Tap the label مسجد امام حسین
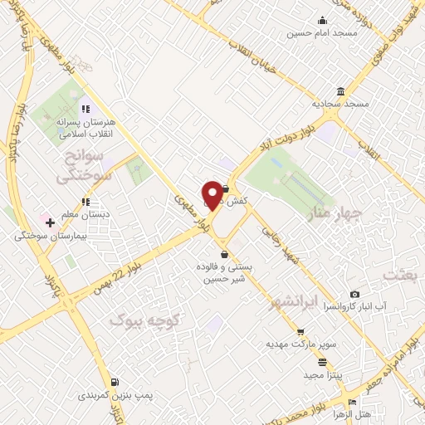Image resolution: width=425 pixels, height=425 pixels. click(x=310, y=33)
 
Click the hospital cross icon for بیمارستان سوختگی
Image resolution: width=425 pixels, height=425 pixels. click(x=50, y=222)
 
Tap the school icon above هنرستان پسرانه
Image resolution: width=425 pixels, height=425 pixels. click(x=84, y=109)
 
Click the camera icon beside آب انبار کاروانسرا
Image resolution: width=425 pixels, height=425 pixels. click(x=355, y=294)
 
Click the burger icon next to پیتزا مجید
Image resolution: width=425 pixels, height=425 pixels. click(x=322, y=362)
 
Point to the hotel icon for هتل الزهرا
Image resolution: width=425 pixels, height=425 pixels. click(x=354, y=403)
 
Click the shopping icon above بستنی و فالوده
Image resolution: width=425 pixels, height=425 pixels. click(x=222, y=254)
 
